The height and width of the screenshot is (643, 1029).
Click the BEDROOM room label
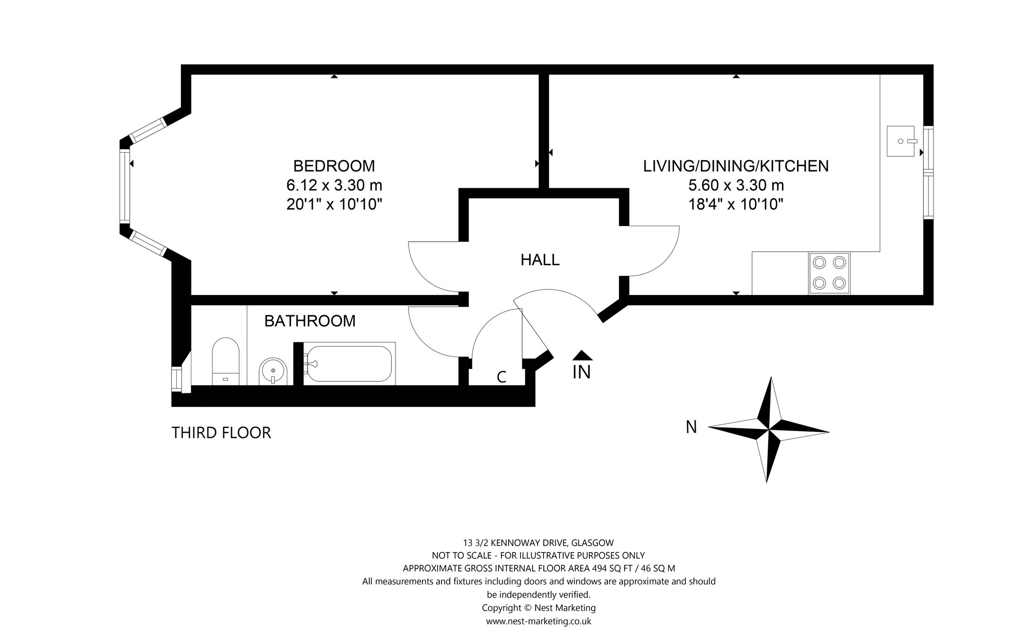(x=334, y=165)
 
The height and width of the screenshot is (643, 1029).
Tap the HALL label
(x=540, y=260)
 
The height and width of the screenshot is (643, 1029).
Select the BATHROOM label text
(x=310, y=320)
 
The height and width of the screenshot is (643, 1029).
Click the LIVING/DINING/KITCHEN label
(x=736, y=165)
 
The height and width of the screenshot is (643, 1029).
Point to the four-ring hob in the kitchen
(x=829, y=273)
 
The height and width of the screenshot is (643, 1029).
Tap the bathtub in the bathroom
(x=349, y=364)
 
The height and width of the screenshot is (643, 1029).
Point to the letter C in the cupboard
(x=501, y=377)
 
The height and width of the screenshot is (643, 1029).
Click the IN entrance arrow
(x=582, y=365)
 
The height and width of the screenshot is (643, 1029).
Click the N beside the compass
(x=691, y=427)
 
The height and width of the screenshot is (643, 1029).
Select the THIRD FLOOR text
(x=222, y=433)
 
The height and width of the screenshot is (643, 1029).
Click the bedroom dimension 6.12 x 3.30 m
(x=334, y=185)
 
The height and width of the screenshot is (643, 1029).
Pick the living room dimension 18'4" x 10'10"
(x=736, y=204)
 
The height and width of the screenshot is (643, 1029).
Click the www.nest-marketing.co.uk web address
(x=539, y=621)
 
